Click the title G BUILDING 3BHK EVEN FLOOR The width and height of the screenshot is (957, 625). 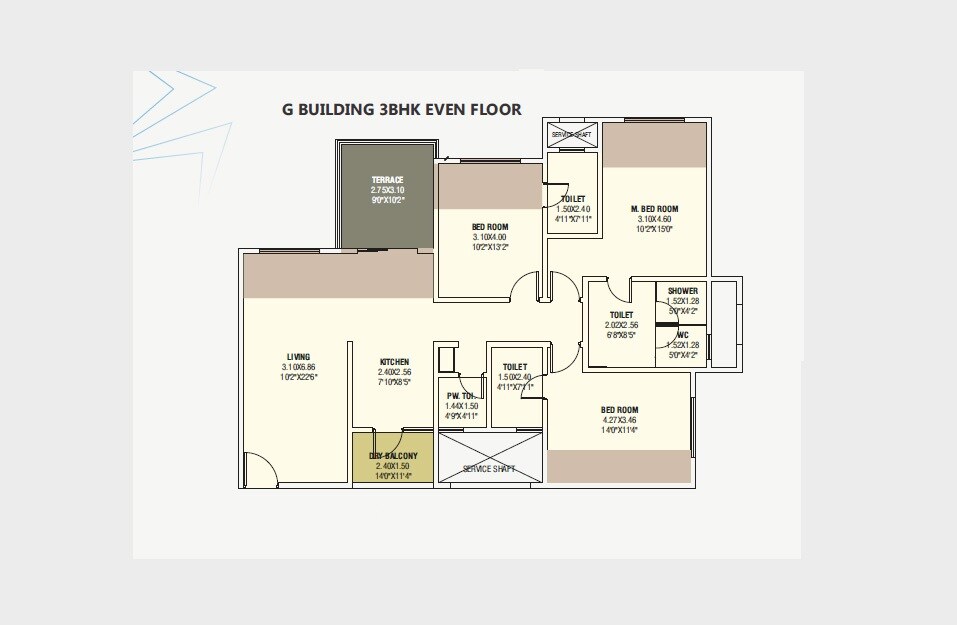[x=401, y=109]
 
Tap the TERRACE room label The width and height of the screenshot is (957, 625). [x=387, y=180]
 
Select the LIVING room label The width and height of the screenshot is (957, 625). [x=298, y=357]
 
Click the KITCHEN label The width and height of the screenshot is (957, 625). [x=394, y=362]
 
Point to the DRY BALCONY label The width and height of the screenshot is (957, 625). [x=393, y=456]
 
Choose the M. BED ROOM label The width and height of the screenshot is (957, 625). [x=655, y=208]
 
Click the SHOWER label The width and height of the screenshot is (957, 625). [x=682, y=291]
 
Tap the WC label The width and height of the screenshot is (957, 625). [x=682, y=335]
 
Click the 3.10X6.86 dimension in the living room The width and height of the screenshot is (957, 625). [x=298, y=367]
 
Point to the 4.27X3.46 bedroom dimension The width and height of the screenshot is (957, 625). [x=619, y=420]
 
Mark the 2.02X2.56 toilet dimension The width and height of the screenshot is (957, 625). [x=621, y=325]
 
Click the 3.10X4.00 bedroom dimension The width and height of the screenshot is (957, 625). [x=490, y=237]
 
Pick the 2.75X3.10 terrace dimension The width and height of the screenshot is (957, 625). [x=387, y=190]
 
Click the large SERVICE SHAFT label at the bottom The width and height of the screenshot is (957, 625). [x=490, y=468]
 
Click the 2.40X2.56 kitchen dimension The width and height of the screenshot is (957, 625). [x=394, y=372]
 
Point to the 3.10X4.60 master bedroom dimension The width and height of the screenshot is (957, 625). [x=655, y=218]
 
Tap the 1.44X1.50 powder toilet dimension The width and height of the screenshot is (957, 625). [x=461, y=406]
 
